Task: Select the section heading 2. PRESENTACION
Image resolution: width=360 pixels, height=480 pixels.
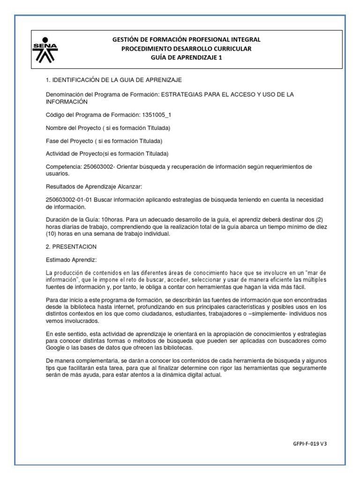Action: (71, 246)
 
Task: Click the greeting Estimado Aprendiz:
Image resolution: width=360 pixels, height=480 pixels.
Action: (71, 259)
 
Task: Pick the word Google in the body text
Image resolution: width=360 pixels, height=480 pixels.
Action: (56, 348)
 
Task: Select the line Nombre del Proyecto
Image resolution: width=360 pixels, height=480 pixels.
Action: (107, 127)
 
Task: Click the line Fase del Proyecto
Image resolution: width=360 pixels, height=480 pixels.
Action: (104, 141)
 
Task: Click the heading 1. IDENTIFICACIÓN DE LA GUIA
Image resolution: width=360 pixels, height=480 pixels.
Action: (113, 81)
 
